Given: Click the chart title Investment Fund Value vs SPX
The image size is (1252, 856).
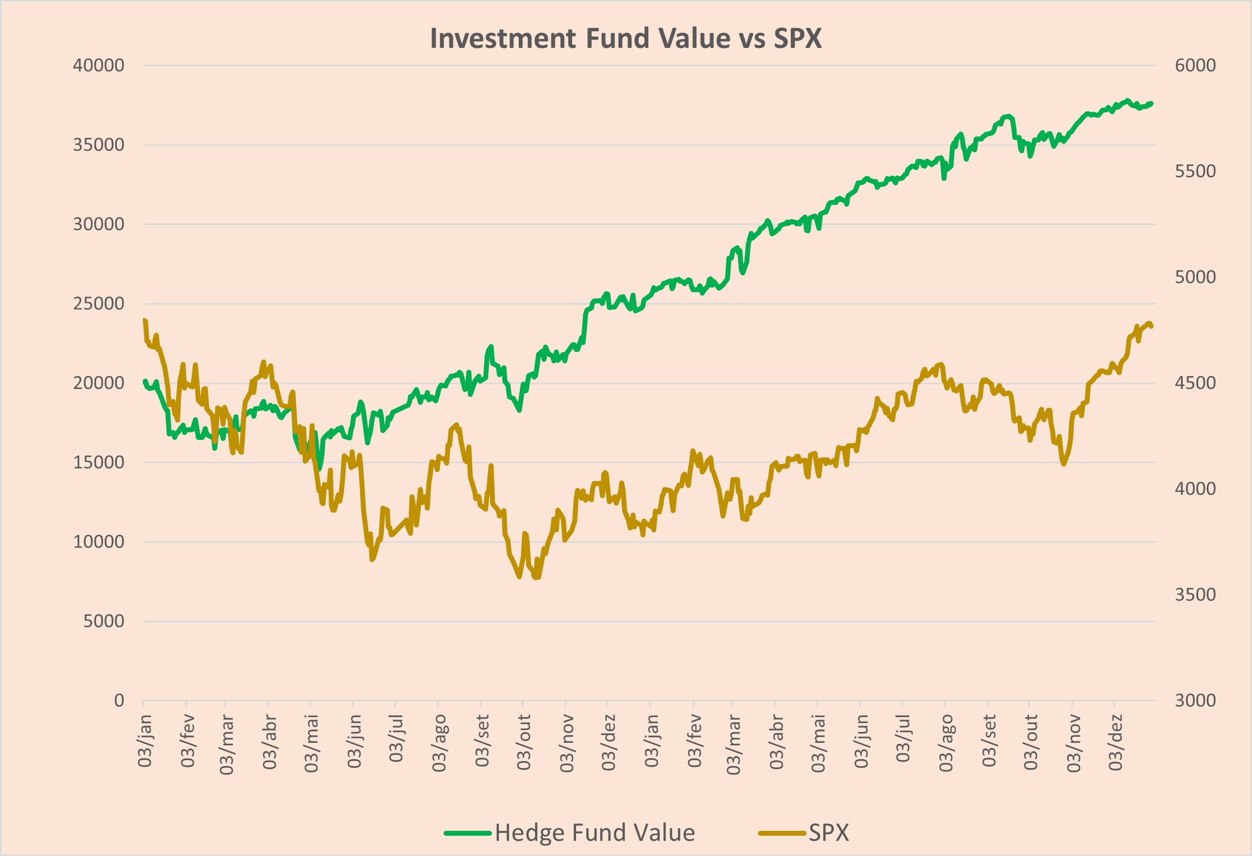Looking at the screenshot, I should [626, 39].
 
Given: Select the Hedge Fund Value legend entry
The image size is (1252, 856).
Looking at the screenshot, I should [570, 833].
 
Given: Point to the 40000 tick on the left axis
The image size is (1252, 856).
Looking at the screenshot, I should [98, 65].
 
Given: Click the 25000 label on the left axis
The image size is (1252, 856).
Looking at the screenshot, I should [98, 303].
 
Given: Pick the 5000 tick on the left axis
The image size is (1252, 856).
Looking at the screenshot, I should [103, 621].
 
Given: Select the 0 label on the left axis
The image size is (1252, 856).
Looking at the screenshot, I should [119, 700].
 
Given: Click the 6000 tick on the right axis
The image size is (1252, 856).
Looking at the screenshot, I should [1195, 65].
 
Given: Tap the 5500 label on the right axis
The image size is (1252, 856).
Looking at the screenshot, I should [1195, 171].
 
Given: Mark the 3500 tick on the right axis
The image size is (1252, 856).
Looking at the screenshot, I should [1195, 595].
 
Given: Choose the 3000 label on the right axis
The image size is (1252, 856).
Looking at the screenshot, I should [1195, 700].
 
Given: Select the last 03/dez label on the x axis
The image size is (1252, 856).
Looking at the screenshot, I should [1115, 742].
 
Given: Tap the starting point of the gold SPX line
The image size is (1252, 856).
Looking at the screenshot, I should [144, 320].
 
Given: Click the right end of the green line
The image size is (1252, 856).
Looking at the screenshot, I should [1152, 103].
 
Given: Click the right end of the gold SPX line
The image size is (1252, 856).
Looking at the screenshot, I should [1152, 326].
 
